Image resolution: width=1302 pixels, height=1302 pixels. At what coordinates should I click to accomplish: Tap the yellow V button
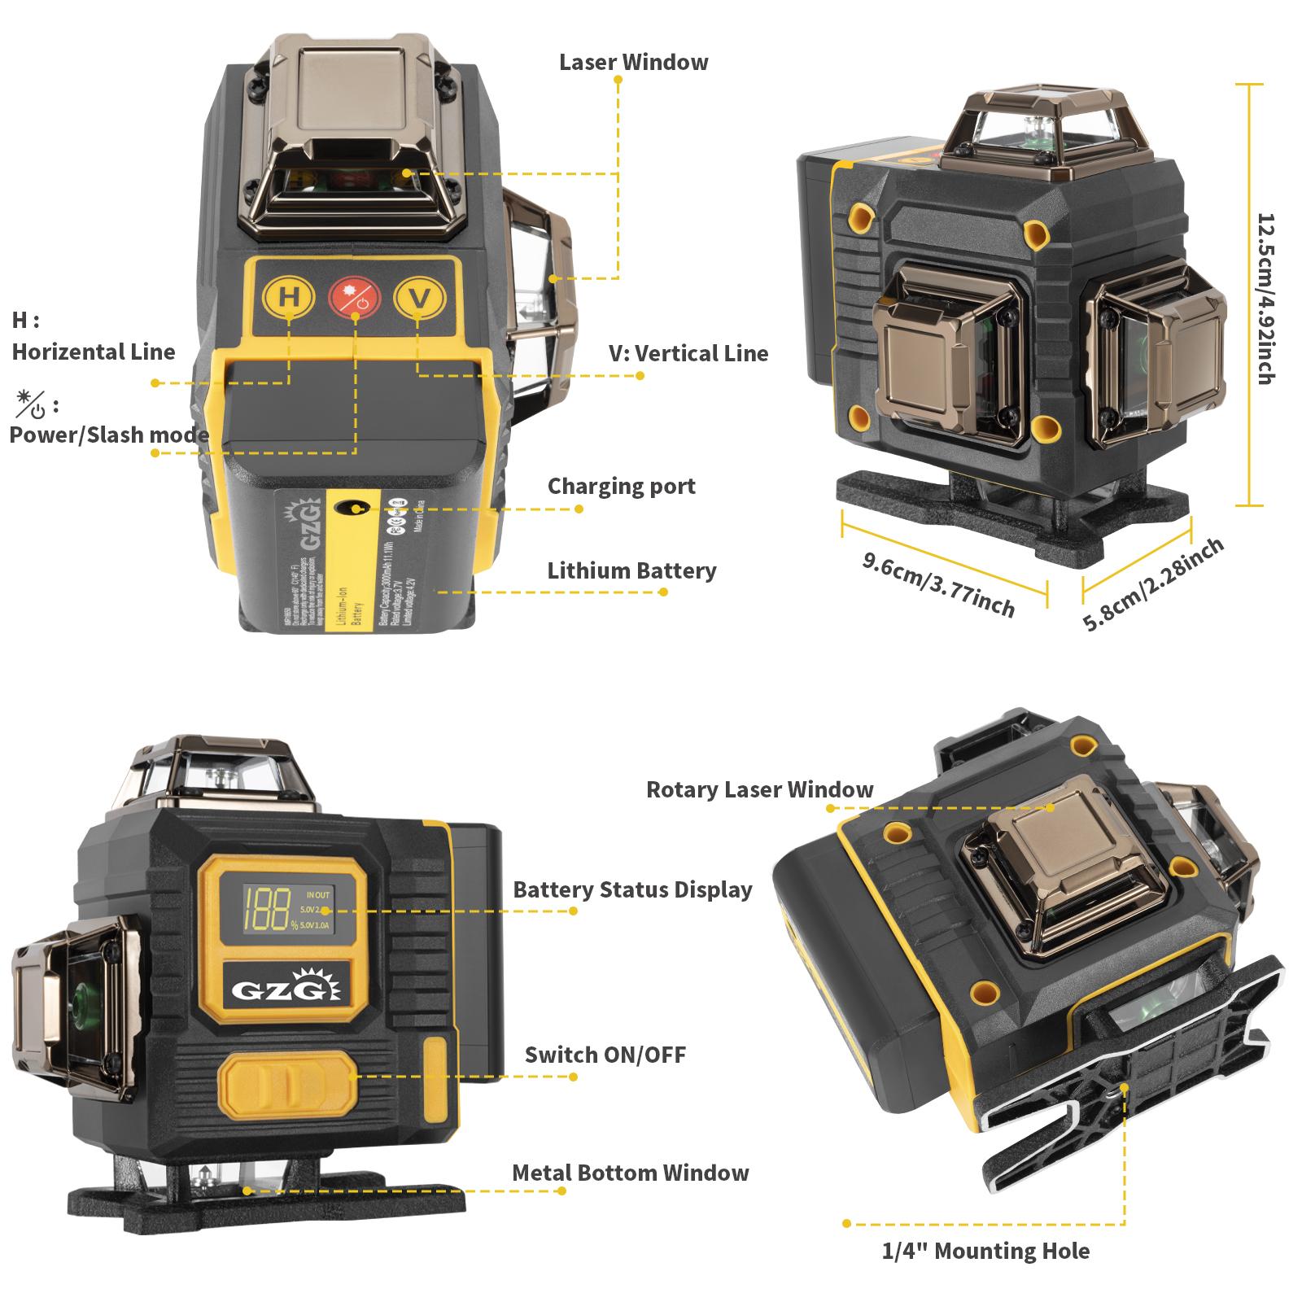pyautogui.click(x=420, y=298)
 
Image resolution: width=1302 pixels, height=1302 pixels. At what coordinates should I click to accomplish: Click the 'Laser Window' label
pyautogui.click(x=633, y=63)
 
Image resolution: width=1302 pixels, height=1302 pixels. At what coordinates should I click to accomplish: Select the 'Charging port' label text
pyautogui.click(x=621, y=487)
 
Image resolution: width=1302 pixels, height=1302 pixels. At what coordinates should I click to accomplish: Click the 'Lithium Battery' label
pyautogui.click(x=631, y=571)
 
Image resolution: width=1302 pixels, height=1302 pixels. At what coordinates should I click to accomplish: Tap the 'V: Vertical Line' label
pyautogui.click(x=688, y=353)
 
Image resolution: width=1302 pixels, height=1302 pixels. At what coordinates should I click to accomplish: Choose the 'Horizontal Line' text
pyautogui.click(x=94, y=352)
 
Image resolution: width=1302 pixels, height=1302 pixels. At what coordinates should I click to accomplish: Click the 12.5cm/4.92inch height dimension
pyautogui.click(x=1265, y=298)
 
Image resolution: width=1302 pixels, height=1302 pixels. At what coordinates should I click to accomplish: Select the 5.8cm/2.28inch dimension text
pyautogui.click(x=1153, y=583)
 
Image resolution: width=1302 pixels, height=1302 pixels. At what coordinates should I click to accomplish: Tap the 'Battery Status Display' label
pyautogui.click(x=631, y=889)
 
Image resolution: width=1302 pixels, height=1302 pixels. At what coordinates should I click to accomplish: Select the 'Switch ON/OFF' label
pyautogui.click(x=605, y=1055)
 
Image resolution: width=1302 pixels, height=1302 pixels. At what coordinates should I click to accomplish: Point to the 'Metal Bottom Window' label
pyautogui.click(x=630, y=1173)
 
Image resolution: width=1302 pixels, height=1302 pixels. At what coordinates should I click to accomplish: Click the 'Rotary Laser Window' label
pyautogui.click(x=758, y=789)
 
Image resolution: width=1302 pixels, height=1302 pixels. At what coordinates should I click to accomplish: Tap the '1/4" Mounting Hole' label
pyautogui.click(x=985, y=1251)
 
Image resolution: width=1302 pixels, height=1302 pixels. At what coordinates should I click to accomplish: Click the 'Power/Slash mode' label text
pyautogui.click(x=109, y=435)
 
